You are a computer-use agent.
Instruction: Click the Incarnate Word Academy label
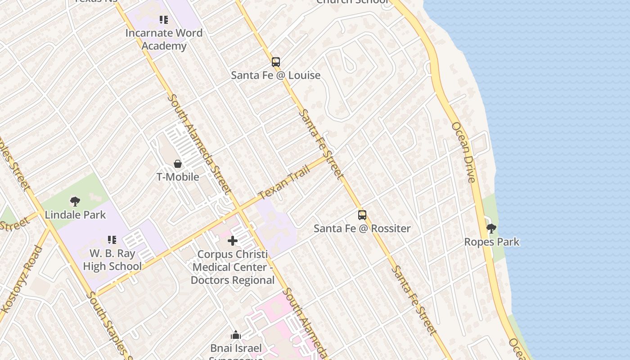point(164,40)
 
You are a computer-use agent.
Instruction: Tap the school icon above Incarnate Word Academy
point(164,20)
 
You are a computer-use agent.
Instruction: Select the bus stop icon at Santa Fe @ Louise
point(276,62)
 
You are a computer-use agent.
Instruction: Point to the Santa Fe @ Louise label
point(276,75)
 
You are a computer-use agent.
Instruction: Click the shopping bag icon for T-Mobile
point(178,164)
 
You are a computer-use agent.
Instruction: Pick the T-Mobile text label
point(178,177)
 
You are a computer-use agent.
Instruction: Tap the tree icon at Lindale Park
point(75,202)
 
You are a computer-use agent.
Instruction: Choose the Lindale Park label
point(76,215)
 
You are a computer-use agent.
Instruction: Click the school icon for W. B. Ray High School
point(112,240)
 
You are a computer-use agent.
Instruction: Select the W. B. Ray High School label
point(112,260)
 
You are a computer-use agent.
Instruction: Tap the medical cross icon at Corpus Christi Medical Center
point(233,241)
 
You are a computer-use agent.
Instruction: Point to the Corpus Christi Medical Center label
point(233,267)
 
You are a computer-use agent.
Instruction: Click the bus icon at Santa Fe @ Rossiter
point(362,215)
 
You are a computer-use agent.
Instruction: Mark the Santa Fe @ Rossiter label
point(362,228)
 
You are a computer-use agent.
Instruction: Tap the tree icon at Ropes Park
point(491,229)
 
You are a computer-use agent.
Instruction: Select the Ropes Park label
point(492,242)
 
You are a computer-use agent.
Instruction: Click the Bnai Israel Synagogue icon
point(236,335)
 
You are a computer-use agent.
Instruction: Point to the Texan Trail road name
point(284,183)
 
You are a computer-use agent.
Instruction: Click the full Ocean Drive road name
point(463,152)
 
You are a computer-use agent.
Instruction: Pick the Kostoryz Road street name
point(22,279)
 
